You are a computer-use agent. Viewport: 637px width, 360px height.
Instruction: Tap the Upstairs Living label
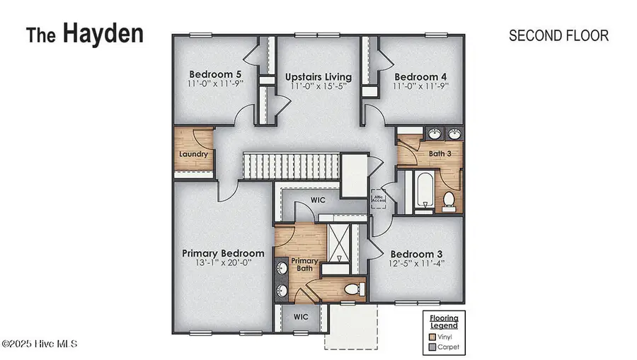coord(318,76)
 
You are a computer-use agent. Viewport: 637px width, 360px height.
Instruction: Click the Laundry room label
coord(193,153)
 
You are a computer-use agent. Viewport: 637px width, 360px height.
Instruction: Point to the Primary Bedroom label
coord(223,253)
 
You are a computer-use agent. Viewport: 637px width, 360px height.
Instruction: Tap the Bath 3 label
coord(440,153)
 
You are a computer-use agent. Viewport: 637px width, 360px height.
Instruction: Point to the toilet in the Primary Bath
coord(352,289)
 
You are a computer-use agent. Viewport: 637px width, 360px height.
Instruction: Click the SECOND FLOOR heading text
coord(558,36)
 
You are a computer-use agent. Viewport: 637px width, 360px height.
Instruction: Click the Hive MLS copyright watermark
coord(39,344)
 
